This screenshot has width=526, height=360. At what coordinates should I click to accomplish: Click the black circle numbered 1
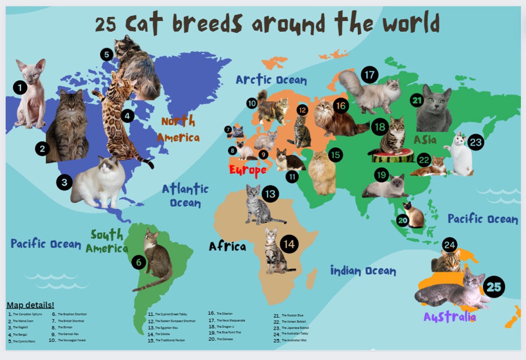point(20,88)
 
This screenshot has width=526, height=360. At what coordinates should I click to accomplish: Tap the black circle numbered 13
point(270,194)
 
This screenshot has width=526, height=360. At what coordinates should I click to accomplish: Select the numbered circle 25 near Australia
point(494,287)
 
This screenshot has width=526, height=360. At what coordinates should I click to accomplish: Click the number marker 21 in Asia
point(417,100)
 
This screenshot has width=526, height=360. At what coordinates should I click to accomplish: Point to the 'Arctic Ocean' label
point(271,80)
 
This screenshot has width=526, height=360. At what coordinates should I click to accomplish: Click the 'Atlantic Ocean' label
point(185,195)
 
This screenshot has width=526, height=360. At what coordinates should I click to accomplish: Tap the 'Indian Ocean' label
point(363,270)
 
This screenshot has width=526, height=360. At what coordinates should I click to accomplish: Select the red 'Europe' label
point(248,170)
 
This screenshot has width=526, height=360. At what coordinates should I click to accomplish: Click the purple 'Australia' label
point(449,317)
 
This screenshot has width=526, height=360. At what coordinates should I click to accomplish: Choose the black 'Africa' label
point(228,246)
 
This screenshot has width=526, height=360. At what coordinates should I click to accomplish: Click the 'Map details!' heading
point(30,305)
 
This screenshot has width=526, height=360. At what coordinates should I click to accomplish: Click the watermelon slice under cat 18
point(393,156)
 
